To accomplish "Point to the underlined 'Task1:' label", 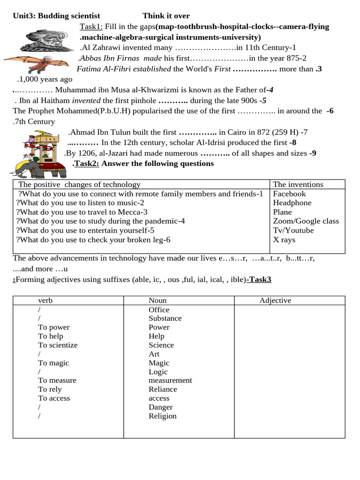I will (x=91, y=27).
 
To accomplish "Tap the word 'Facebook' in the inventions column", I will (x=289, y=194).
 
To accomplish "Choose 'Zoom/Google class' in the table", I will (x=306, y=221).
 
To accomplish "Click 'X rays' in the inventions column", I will (x=284, y=240).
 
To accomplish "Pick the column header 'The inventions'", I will (x=298, y=184).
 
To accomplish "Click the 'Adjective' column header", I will (x=275, y=300).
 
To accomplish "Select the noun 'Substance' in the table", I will (x=165, y=318).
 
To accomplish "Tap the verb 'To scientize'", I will (x=58, y=345).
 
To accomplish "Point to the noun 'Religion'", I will (x=163, y=416).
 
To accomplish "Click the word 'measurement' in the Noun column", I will (x=170, y=380).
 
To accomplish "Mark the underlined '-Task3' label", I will (x=260, y=279).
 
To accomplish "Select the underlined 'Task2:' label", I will (x=87, y=164).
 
